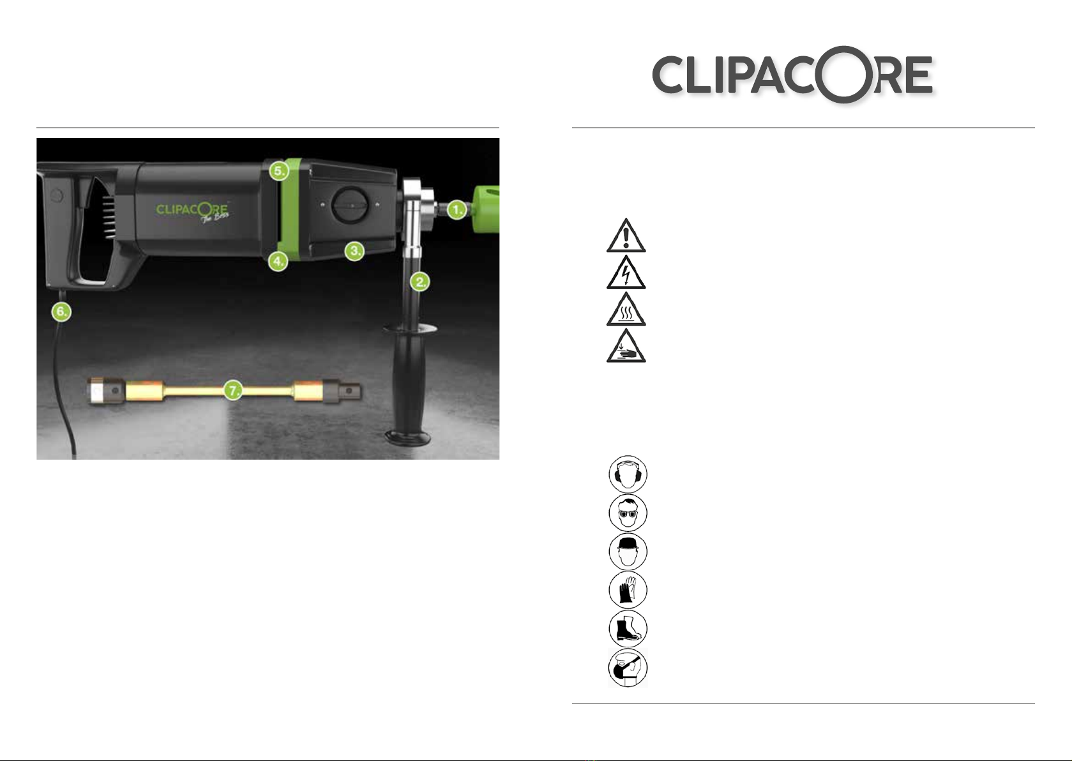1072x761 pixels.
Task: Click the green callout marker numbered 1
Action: coord(458,209)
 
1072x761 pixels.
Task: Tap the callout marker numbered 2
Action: coord(420,282)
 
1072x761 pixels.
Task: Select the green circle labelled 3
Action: coord(354,250)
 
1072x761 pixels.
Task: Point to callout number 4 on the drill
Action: coord(278,261)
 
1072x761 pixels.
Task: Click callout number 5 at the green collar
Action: coord(278,170)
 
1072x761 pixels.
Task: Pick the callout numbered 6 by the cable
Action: coord(61,312)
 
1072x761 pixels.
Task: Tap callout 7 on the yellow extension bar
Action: coord(233,391)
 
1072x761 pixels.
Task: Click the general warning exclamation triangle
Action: coord(626,236)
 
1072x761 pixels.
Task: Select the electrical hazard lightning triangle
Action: coord(626,273)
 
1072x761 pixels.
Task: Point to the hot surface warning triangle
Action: coord(626,309)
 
